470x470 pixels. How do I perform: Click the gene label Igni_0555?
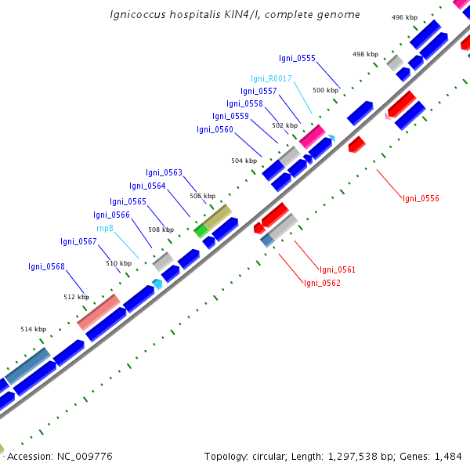pos(297,58)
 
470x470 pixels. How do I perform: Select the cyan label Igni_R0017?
pos(271,78)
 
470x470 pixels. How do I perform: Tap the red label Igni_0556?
pos(421,198)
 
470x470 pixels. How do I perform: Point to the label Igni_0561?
pos(337,269)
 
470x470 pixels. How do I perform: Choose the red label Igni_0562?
pos(322,283)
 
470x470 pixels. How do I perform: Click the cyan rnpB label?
pos(105,228)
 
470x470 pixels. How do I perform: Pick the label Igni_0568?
pos(46,266)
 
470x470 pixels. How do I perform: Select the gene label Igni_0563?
pos(164,172)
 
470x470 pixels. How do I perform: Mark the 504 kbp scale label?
pos(244,161)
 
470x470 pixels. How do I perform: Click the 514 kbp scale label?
pos(33,330)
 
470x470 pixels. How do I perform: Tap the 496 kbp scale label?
pos(404,17)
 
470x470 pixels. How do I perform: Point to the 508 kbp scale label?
pos(161,230)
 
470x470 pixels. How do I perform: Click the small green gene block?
pos(201,230)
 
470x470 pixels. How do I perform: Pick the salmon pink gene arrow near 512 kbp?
pos(98,311)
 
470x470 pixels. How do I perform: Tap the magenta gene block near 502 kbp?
pos(312,135)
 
